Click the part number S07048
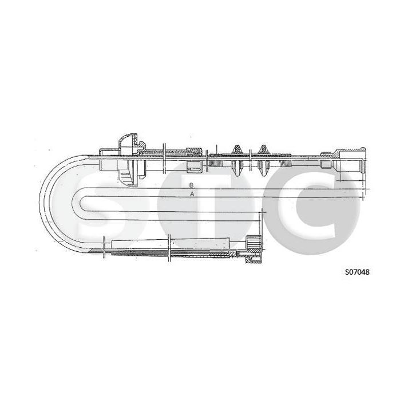point(357,272)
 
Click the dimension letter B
point(192,185)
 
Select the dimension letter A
point(192,194)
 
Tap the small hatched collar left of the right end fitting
point(326,163)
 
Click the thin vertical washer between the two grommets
point(249,156)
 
